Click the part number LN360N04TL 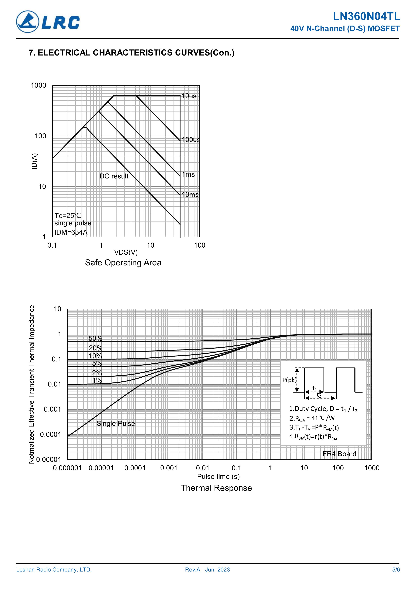[x=366, y=17]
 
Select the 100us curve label [x=191, y=140]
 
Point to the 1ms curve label [x=188, y=174]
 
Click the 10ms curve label [x=190, y=195]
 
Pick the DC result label [x=114, y=176]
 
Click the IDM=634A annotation [x=71, y=232]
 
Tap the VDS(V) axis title [x=126, y=252]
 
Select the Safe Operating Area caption [x=123, y=263]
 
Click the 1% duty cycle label [x=97, y=380]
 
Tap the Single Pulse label [x=116, y=423]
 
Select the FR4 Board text [x=339, y=454]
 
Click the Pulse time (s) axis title [x=218, y=476]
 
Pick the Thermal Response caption [x=216, y=488]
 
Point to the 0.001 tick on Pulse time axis [x=169, y=468]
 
